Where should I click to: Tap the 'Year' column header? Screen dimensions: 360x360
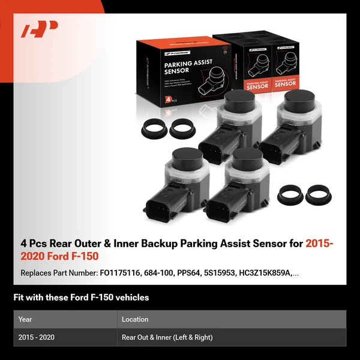[25, 319]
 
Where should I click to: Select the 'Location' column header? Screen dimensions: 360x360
[135, 319]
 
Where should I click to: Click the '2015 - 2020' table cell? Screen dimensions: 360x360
[36, 337]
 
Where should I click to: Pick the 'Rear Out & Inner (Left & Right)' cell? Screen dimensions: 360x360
[167, 337]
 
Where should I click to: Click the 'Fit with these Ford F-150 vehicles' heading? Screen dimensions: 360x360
[81, 297]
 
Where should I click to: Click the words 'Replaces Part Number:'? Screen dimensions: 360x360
[58, 273]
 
